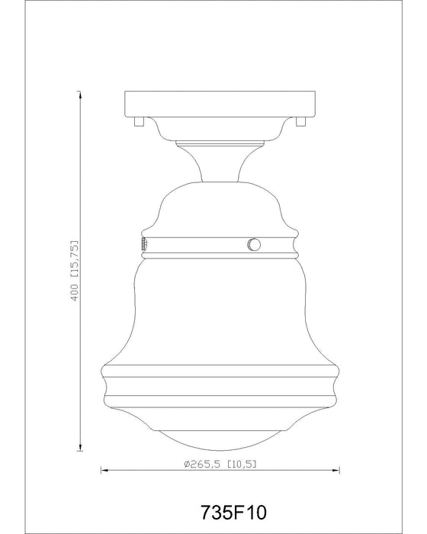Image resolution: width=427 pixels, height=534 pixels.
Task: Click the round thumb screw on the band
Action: (253, 244)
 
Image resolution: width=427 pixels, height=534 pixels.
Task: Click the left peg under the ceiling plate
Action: (136, 120)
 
